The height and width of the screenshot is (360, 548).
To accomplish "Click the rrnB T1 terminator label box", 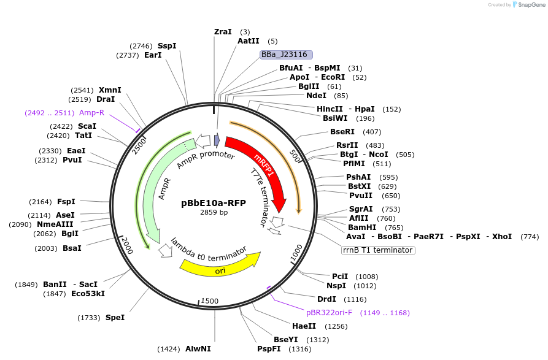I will pyautogui.click(x=378, y=250).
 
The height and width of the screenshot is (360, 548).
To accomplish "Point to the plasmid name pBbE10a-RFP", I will pyautogui.click(x=214, y=203).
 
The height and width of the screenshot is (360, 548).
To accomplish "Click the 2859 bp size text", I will pyautogui.click(x=214, y=213).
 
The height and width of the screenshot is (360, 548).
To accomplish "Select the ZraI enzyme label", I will pyautogui.click(x=223, y=31).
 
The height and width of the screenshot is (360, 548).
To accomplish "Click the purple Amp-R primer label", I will pyautogui.click(x=92, y=112).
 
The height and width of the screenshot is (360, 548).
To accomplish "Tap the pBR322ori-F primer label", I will pyautogui.click(x=329, y=313).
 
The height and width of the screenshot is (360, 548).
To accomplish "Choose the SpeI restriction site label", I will pyautogui.click(x=115, y=317).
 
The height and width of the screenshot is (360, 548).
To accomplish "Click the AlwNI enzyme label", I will pyautogui.click(x=198, y=349).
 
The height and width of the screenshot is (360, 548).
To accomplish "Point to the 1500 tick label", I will pyautogui.click(x=209, y=301).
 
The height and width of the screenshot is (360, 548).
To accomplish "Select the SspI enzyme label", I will pyautogui.click(x=167, y=45).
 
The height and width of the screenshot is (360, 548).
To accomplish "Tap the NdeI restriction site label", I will pyautogui.click(x=316, y=95).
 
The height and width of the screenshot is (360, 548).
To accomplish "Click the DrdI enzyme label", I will pyautogui.click(x=326, y=299).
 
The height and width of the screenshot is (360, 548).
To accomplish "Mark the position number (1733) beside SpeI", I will pyautogui.click(x=89, y=318).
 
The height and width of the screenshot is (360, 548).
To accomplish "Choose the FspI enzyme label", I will pyautogui.click(x=66, y=201).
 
